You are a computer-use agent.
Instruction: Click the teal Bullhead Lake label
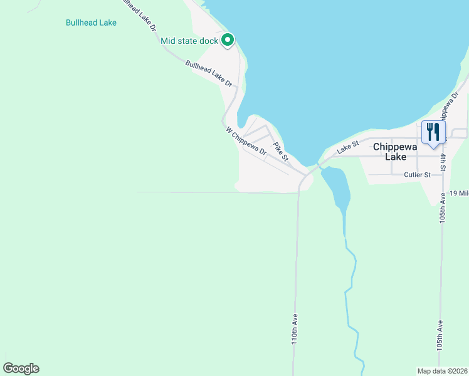point(91,23)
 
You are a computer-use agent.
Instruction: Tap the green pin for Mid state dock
point(227,40)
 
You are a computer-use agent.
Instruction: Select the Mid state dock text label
point(189,41)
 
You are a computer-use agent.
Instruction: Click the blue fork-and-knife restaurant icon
point(433,132)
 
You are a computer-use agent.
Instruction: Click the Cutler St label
point(417,175)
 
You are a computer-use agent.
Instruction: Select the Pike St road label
point(280,150)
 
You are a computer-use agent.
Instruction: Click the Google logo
point(21,368)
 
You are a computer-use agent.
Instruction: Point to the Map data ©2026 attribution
point(442,370)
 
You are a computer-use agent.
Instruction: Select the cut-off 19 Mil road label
point(458,193)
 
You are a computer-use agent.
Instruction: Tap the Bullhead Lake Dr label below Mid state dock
point(209,73)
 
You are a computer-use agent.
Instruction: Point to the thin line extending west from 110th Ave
point(213,192)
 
